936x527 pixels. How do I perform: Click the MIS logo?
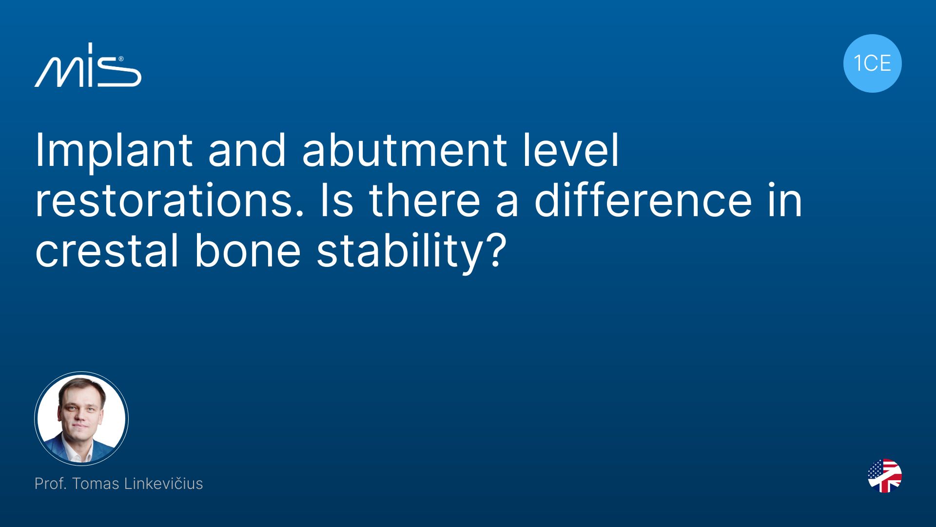point(88,65)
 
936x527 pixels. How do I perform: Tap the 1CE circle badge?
point(872,63)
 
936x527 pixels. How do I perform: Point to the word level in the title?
point(571,150)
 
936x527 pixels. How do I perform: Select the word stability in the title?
point(399,253)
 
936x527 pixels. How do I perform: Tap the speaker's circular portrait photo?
point(81,419)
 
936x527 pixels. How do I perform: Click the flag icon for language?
point(885,476)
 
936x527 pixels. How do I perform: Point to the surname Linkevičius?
point(163,483)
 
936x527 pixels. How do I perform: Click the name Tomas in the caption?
point(96,483)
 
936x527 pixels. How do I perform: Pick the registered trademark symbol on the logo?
point(121,59)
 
